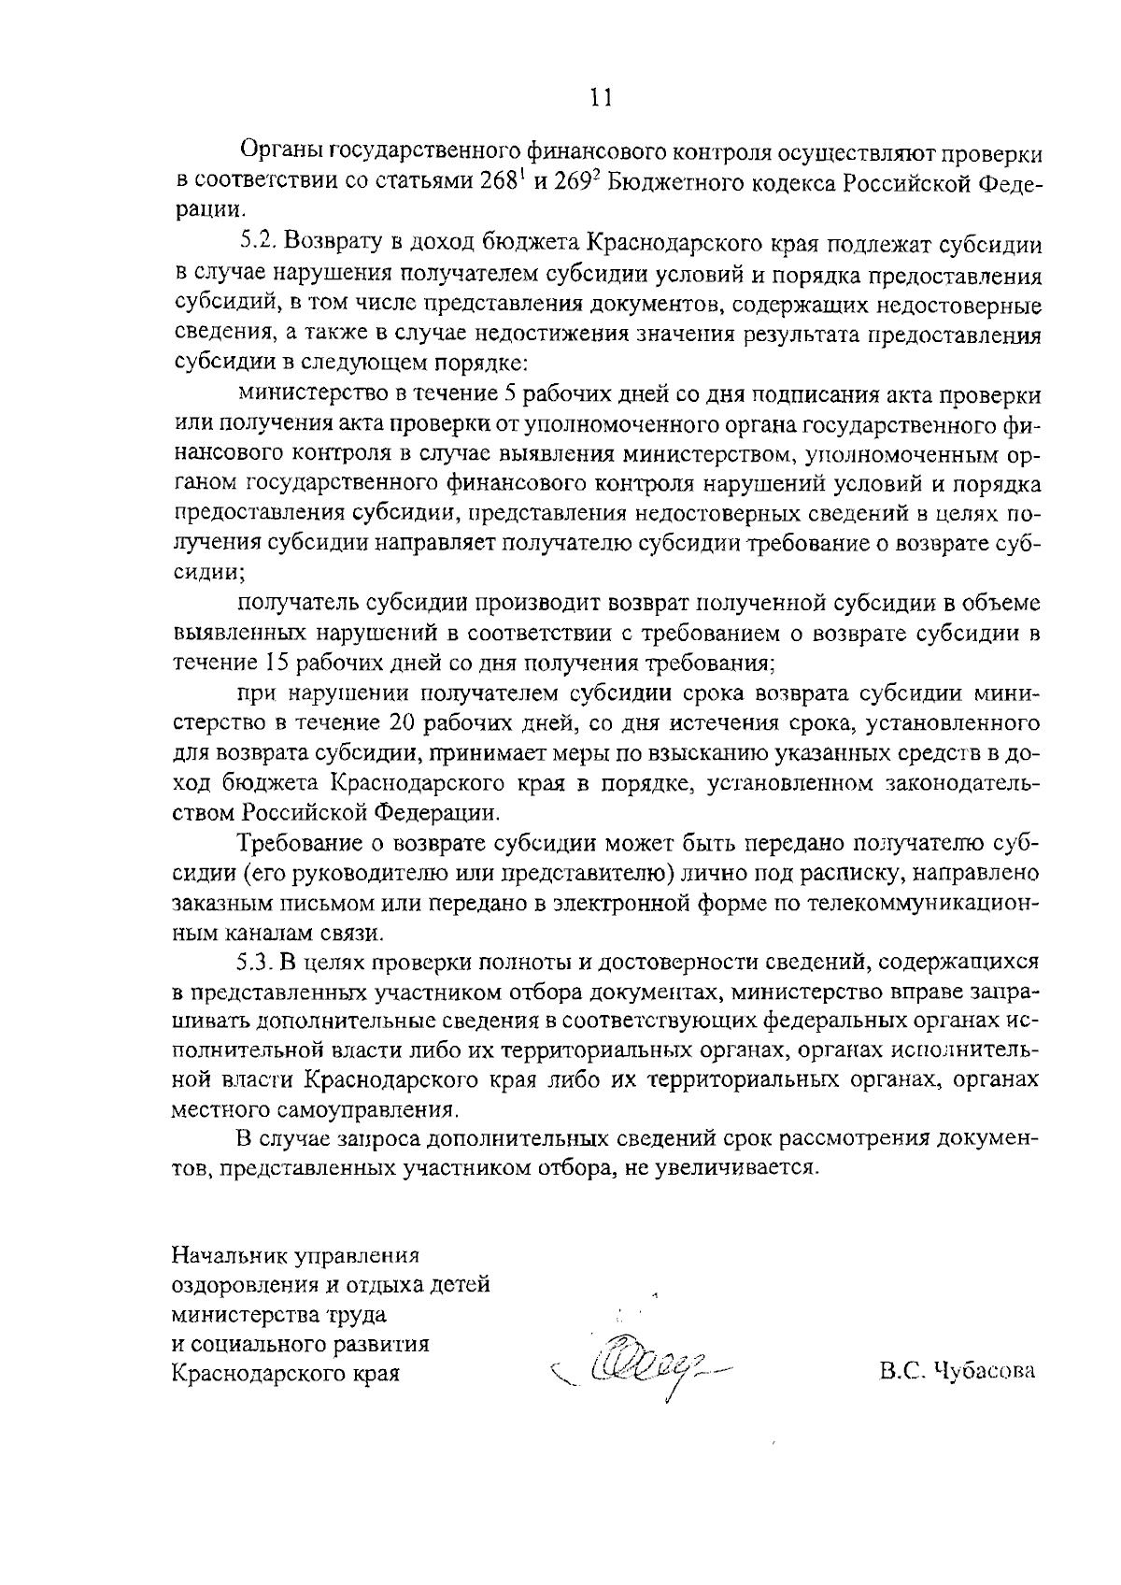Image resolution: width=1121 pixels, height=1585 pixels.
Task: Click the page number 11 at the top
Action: (601, 97)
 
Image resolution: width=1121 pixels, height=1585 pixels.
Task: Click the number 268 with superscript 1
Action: (503, 183)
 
